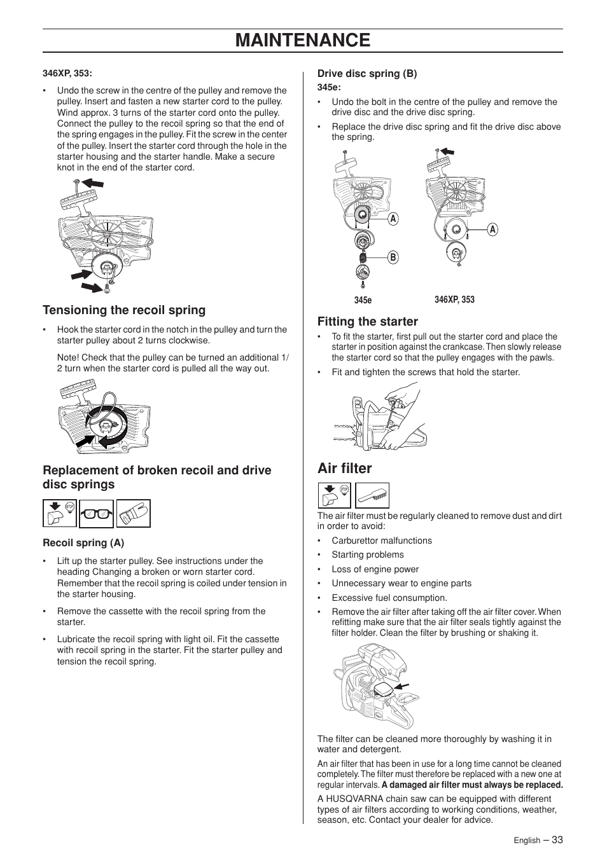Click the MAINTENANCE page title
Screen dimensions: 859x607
(303, 40)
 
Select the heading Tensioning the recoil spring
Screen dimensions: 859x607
(124, 310)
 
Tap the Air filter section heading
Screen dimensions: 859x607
(344, 469)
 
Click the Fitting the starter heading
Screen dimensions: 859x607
(368, 322)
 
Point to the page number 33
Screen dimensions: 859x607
(557, 839)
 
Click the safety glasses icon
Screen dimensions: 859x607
(97, 514)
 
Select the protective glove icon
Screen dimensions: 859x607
(134, 514)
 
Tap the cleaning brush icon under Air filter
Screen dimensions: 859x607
(372, 495)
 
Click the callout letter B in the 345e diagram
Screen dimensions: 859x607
(393, 258)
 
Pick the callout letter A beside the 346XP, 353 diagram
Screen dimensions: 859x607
(492, 230)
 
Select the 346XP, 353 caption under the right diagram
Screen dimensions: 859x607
(454, 299)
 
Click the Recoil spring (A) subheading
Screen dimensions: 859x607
(83, 543)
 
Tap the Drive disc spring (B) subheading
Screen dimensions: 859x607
(367, 74)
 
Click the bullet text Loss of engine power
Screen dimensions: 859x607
(375, 569)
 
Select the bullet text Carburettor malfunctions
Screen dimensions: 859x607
(381, 540)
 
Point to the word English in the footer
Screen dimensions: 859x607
(527, 841)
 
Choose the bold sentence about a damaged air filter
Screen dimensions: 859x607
(472, 785)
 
